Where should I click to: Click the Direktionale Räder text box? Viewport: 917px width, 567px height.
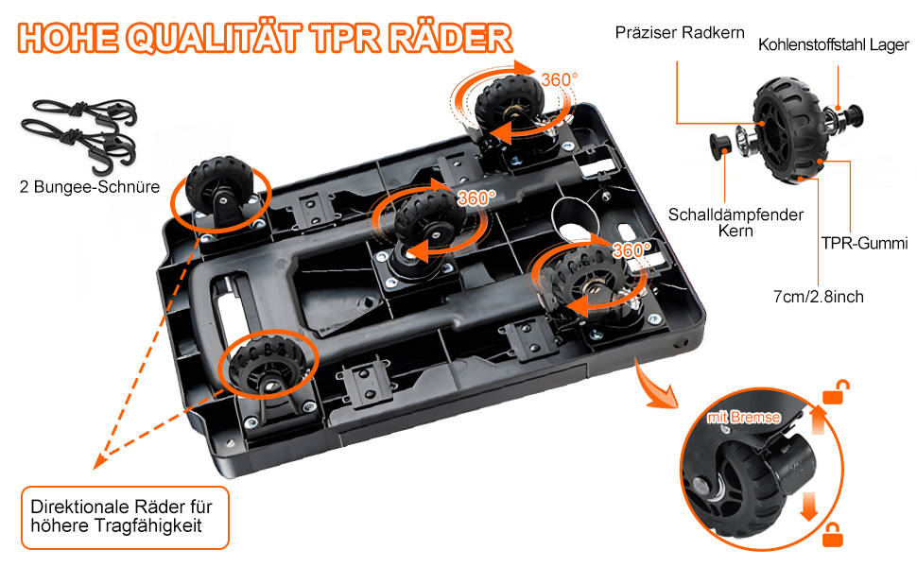click(125, 516)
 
